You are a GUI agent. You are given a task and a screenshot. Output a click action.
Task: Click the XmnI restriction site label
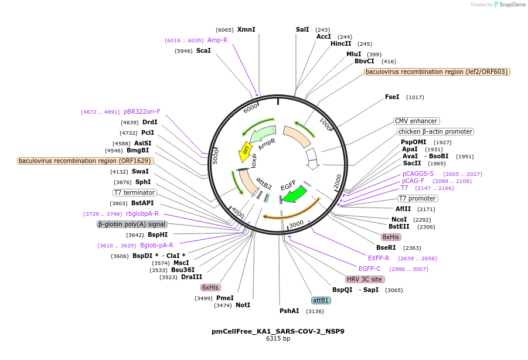point(246,29)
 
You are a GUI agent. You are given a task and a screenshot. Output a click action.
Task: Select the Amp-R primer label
point(217,40)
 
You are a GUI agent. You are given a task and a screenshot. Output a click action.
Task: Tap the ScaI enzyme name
point(203,50)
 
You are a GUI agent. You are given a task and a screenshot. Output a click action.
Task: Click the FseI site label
point(392,97)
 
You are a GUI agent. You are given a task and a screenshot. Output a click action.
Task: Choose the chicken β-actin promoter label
point(435,131)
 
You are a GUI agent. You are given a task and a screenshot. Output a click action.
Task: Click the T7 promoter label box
point(417,198)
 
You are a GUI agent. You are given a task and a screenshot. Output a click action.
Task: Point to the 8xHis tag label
point(391,237)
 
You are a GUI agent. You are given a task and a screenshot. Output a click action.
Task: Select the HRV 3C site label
point(365,279)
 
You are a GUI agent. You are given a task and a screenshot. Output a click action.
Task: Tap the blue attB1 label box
point(321,300)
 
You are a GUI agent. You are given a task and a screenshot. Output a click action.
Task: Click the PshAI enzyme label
point(289,311)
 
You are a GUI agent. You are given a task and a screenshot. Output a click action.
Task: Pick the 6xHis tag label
point(210,287)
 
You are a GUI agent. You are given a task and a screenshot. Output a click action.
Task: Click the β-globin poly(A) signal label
point(132,224)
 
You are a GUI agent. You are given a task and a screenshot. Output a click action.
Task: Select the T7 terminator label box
point(135,192)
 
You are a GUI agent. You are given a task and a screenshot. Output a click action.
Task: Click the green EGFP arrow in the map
point(294,193)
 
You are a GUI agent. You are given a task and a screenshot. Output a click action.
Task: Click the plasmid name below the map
point(278,331)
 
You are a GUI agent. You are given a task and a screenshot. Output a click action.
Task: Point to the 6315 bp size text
point(278,339)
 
